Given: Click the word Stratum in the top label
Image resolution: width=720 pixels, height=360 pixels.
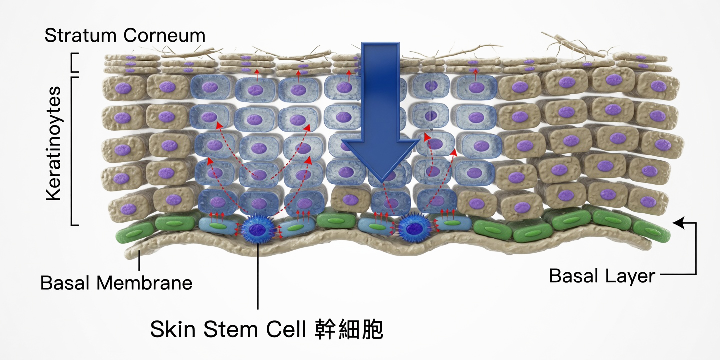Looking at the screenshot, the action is click(x=80, y=35).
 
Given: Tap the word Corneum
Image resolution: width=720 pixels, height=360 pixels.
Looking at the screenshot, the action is click(x=164, y=35).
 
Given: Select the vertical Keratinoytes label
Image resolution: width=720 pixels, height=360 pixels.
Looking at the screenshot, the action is click(x=53, y=143).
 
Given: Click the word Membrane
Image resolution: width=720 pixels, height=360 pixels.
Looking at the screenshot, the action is click(x=144, y=283).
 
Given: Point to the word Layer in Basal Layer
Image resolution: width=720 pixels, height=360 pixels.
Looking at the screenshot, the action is click(x=630, y=277).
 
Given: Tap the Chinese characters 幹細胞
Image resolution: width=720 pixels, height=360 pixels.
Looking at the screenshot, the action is click(x=349, y=329).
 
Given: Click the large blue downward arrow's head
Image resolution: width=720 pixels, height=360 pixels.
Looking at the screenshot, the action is click(x=381, y=160).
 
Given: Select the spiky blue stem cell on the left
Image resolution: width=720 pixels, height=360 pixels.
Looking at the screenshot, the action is click(x=258, y=228).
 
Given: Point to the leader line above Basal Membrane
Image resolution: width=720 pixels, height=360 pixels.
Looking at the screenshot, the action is click(x=139, y=260).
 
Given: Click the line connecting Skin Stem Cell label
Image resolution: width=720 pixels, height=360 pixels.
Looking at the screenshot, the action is click(x=258, y=276).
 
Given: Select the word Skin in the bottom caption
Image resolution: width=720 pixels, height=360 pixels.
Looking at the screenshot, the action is click(x=173, y=329).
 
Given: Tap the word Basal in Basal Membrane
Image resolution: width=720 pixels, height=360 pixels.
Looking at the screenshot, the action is click(x=65, y=283).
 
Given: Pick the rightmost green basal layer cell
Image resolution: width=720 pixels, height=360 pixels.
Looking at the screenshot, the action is click(x=652, y=231).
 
